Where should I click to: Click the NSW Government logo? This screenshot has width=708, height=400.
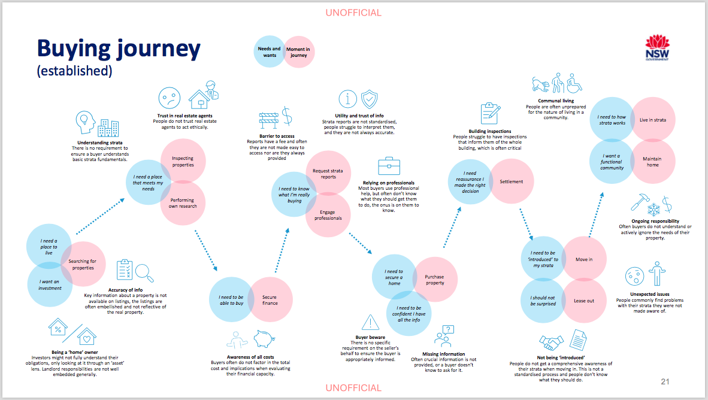[657, 49]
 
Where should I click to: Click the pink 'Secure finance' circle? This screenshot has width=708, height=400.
[270, 299]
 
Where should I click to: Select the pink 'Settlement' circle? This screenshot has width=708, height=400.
[512, 181]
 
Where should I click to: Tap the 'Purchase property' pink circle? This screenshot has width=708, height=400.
[435, 280]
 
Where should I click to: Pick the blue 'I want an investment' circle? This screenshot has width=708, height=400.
[50, 285]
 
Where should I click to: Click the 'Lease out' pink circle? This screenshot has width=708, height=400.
[584, 301]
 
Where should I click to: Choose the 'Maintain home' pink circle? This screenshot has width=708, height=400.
[652, 162]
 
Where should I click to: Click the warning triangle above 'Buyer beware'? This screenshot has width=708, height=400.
[370, 323]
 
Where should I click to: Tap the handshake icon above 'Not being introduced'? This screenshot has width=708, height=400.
[551, 342]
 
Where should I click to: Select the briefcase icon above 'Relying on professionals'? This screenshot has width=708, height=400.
[389, 166]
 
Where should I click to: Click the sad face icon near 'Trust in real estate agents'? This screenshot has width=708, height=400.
[170, 98]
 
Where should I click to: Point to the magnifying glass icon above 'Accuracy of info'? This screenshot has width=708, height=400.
[144, 272]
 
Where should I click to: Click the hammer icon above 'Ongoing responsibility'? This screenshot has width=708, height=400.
[640, 202]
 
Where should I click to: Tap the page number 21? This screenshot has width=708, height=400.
[665, 381]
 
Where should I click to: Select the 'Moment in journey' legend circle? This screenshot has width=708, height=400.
[298, 52]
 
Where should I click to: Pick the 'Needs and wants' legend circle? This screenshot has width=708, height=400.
[270, 52]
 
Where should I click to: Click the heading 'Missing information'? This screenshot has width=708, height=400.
[443, 354]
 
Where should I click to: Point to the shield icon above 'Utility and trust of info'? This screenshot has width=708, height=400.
[370, 99]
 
